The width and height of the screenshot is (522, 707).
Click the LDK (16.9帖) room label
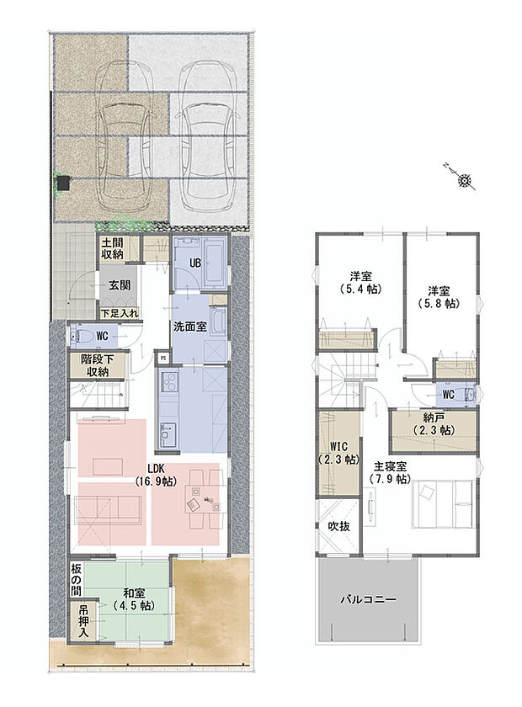click(x=155, y=475)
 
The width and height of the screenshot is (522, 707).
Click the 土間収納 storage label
click(x=113, y=247)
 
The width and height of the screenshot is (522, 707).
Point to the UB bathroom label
click(x=194, y=263)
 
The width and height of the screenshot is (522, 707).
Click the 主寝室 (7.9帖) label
click(x=390, y=472)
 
